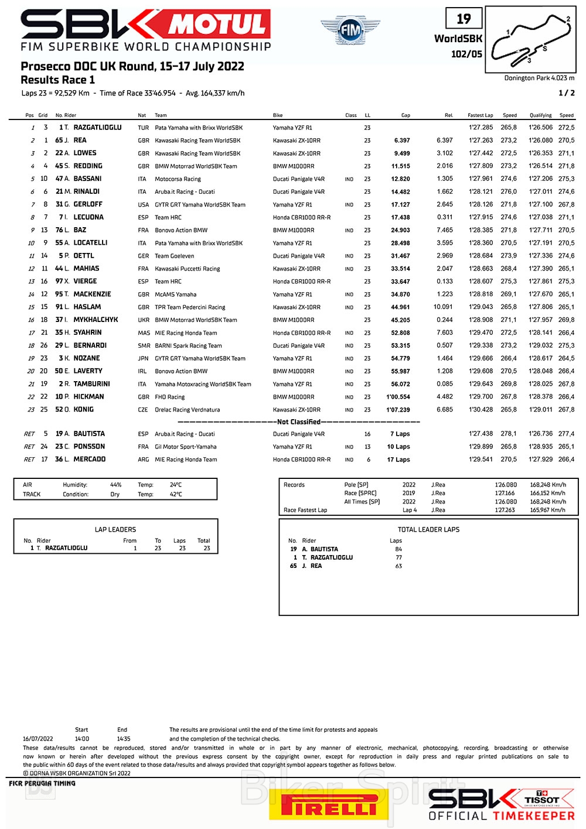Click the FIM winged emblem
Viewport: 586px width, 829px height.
click(x=350, y=29)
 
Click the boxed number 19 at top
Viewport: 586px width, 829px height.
click(x=464, y=19)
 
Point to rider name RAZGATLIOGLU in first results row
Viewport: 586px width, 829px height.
click(x=97, y=128)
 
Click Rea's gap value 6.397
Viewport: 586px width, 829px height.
click(x=402, y=141)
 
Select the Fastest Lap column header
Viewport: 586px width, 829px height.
click(x=480, y=115)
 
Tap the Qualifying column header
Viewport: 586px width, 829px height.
click(x=540, y=115)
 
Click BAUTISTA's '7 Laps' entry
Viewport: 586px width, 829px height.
click(x=400, y=434)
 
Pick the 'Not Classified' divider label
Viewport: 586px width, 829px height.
click(x=299, y=422)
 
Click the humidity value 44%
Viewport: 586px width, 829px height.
click(x=116, y=485)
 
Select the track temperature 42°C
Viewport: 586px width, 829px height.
click(x=176, y=494)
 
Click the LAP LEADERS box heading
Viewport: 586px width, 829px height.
click(x=115, y=529)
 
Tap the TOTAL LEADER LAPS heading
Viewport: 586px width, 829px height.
click(x=428, y=529)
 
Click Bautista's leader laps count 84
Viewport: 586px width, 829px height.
click(x=398, y=549)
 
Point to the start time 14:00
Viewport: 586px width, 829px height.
click(x=82, y=739)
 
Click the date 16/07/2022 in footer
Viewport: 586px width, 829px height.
click(x=38, y=739)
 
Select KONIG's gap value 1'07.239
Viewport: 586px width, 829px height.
click(x=398, y=410)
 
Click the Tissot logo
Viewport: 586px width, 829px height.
click(x=542, y=799)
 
